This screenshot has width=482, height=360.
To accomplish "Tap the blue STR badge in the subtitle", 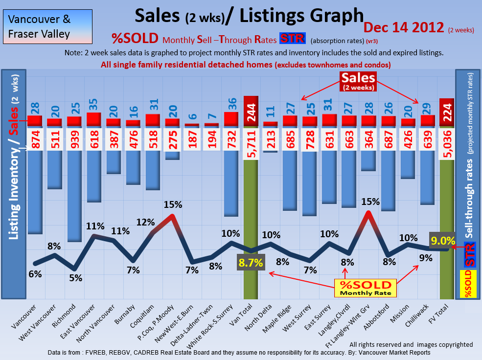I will (292, 39).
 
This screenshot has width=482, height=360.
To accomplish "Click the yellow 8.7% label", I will (251, 263).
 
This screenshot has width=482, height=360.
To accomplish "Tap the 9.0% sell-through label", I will (443, 241).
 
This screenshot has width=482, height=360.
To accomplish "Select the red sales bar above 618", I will (94, 119).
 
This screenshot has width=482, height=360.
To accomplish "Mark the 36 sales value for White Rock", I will (232, 104).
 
